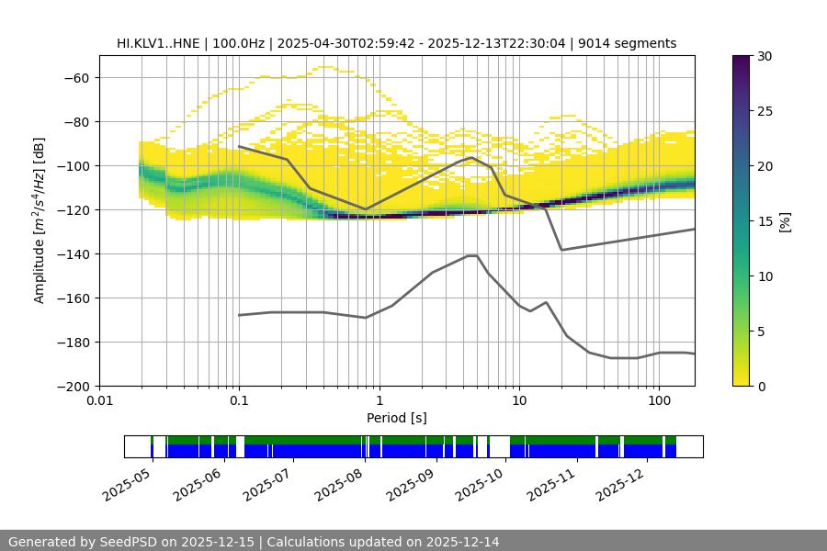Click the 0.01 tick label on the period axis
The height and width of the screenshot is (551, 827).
[x=99, y=401]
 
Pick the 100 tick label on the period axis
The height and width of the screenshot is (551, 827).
[x=659, y=401]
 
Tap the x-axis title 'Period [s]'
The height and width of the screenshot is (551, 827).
[x=396, y=418]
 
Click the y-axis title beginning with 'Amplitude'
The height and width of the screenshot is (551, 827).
[x=40, y=220]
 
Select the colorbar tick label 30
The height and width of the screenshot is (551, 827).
[x=764, y=56]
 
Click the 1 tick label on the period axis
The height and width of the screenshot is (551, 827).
[x=379, y=401]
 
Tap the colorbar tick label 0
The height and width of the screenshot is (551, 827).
[x=760, y=386]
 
